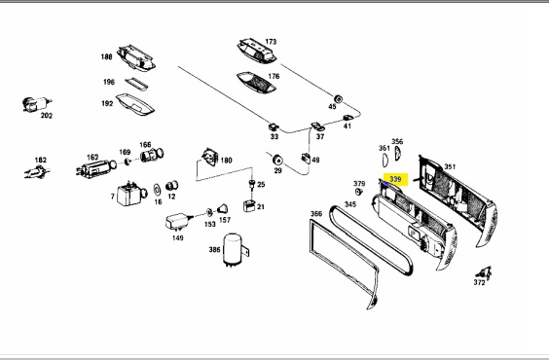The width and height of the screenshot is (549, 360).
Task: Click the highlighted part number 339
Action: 395,179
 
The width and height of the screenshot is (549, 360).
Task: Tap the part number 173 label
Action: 271,42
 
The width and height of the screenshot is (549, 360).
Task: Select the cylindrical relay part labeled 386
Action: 235,250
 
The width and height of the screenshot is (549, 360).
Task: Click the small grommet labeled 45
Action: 338,98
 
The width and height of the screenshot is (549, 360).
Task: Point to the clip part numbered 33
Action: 274,126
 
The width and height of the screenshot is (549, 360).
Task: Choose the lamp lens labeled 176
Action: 256,83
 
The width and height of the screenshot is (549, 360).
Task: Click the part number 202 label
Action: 47,116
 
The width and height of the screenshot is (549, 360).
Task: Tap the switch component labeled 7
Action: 129,194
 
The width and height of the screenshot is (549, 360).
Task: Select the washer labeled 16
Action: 158,190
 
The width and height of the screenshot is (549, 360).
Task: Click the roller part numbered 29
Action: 277,160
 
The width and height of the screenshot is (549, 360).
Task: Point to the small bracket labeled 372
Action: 485,272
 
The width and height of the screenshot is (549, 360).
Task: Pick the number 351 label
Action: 450,167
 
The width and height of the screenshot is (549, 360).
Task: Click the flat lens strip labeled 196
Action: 136,85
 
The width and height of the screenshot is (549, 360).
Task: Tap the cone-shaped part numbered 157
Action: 222,209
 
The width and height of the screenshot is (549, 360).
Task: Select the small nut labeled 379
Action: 358,192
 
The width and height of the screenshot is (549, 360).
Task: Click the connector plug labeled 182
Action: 37,171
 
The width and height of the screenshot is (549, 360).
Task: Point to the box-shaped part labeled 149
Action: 178,222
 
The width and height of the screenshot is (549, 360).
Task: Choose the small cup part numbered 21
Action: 248,205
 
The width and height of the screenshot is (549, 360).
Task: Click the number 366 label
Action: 316,214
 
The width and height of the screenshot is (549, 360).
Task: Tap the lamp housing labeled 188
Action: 136,57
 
